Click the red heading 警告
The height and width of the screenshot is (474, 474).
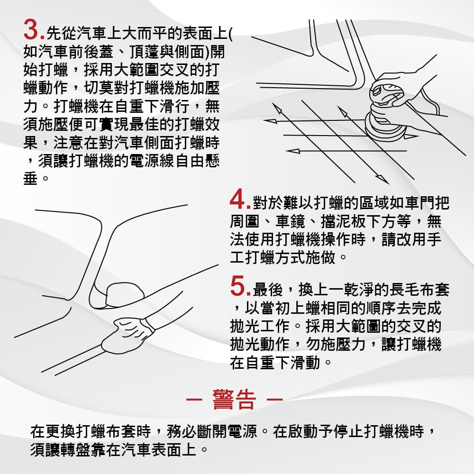pyautogui.click(x=234, y=399)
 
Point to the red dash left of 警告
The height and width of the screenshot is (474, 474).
pyautogui.click(x=194, y=399)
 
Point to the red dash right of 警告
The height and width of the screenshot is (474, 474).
pyautogui.click(x=274, y=399)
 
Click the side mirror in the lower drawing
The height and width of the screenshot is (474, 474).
pyautogui.click(x=125, y=294)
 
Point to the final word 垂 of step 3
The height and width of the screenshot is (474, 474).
pyautogui.click(x=30, y=178)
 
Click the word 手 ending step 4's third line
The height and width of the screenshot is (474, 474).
pyautogui.click(x=434, y=239)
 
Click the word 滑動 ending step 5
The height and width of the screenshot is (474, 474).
pyautogui.click(x=305, y=362)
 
